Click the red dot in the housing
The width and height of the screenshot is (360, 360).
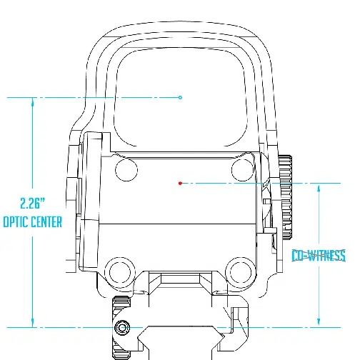click(180, 183)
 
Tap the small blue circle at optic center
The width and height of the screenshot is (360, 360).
click(180, 97)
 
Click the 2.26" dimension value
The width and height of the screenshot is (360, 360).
click(33, 204)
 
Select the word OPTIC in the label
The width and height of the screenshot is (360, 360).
click(15, 222)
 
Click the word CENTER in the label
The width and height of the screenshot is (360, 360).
click(46, 222)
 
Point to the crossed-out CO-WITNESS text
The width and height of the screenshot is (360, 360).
click(319, 256)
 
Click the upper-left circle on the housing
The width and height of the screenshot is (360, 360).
click(126, 170)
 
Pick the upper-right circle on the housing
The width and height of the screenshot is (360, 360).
click(242, 170)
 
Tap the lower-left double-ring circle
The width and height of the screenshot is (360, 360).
click(120, 272)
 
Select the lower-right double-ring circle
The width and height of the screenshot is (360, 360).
click(241, 272)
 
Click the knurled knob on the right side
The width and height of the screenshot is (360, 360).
click(286, 197)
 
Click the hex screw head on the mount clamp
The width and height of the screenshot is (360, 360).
click(122, 328)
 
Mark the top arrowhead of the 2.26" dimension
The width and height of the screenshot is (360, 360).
click(33, 101)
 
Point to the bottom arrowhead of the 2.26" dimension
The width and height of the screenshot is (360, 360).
click(33, 323)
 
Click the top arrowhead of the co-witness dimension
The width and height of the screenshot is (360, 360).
click(319, 188)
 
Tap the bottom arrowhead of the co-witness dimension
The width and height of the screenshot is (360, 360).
click(319, 323)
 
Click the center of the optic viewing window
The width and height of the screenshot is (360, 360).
click(181, 98)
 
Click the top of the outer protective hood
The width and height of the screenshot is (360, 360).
click(180, 21)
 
